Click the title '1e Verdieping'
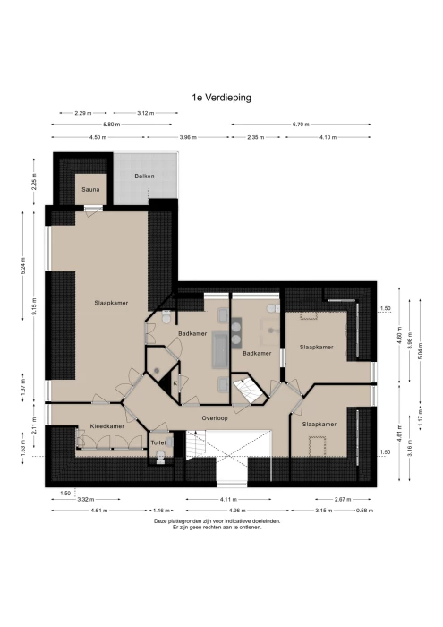point(221,98)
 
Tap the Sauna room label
point(90,190)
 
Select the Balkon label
point(144,176)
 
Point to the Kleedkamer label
point(107,426)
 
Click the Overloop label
point(215,418)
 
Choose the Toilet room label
point(158,442)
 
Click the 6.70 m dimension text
point(301,125)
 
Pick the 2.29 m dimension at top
point(83,113)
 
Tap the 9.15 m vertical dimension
point(34,306)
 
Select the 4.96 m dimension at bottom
point(237,511)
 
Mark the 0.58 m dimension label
point(364,511)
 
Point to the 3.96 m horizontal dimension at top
point(188,138)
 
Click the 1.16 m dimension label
point(162,511)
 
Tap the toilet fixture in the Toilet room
point(160,456)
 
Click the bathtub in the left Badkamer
point(220,349)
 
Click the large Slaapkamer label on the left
point(111,303)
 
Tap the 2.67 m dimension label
point(343,500)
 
